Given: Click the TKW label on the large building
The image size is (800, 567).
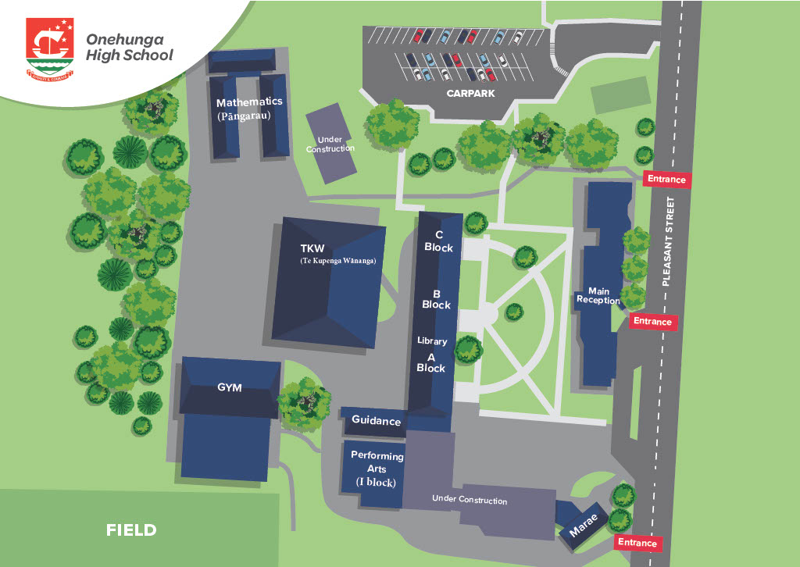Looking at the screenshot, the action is point(312,249).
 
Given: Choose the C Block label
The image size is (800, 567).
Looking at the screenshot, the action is point(438,241).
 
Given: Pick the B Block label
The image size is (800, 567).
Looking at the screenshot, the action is point(436,299).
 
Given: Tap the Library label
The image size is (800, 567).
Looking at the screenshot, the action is point(432,341).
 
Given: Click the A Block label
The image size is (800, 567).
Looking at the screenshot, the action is point(430,362).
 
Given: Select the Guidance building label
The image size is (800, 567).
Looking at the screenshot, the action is point(376,421).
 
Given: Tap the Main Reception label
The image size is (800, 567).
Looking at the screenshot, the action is point(598,295).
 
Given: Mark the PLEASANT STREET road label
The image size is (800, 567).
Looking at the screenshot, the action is point(666,241).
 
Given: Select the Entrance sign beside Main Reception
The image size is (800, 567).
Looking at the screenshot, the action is point(652,321).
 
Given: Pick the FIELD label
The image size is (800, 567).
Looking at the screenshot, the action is point(131,530).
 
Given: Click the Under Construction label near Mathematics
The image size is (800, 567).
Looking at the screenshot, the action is point(330,144).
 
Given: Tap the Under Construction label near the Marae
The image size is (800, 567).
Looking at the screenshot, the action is point(470,500).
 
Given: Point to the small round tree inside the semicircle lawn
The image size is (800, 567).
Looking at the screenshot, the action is point(514,312).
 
